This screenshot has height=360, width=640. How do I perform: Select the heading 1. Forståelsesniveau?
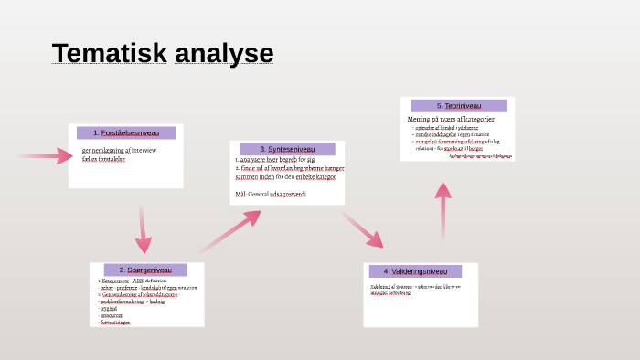click(x=127, y=132)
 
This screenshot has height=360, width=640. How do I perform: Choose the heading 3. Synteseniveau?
click(x=288, y=149)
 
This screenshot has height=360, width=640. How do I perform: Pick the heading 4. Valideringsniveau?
click(x=415, y=271)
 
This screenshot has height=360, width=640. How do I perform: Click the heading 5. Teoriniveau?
click(x=459, y=106)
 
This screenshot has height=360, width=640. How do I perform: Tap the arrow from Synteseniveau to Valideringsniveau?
click(x=363, y=229)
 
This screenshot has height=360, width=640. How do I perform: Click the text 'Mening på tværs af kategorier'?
click(x=451, y=119)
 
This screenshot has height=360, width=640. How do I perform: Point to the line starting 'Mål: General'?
click(x=271, y=195)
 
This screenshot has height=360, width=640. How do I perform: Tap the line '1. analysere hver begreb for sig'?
click(x=274, y=159)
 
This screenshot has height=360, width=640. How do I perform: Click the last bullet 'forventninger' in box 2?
click(x=115, y=323)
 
